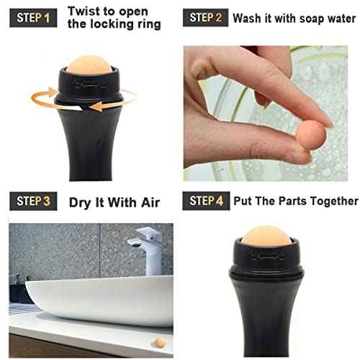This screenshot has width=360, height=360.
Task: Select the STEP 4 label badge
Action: pyautogui.click(x=205, y=201)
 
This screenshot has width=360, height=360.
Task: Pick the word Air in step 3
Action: pyautogui.click(x=148, y=202)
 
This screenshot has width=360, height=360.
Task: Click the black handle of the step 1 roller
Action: pyautogui.click(x=89, y=151)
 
